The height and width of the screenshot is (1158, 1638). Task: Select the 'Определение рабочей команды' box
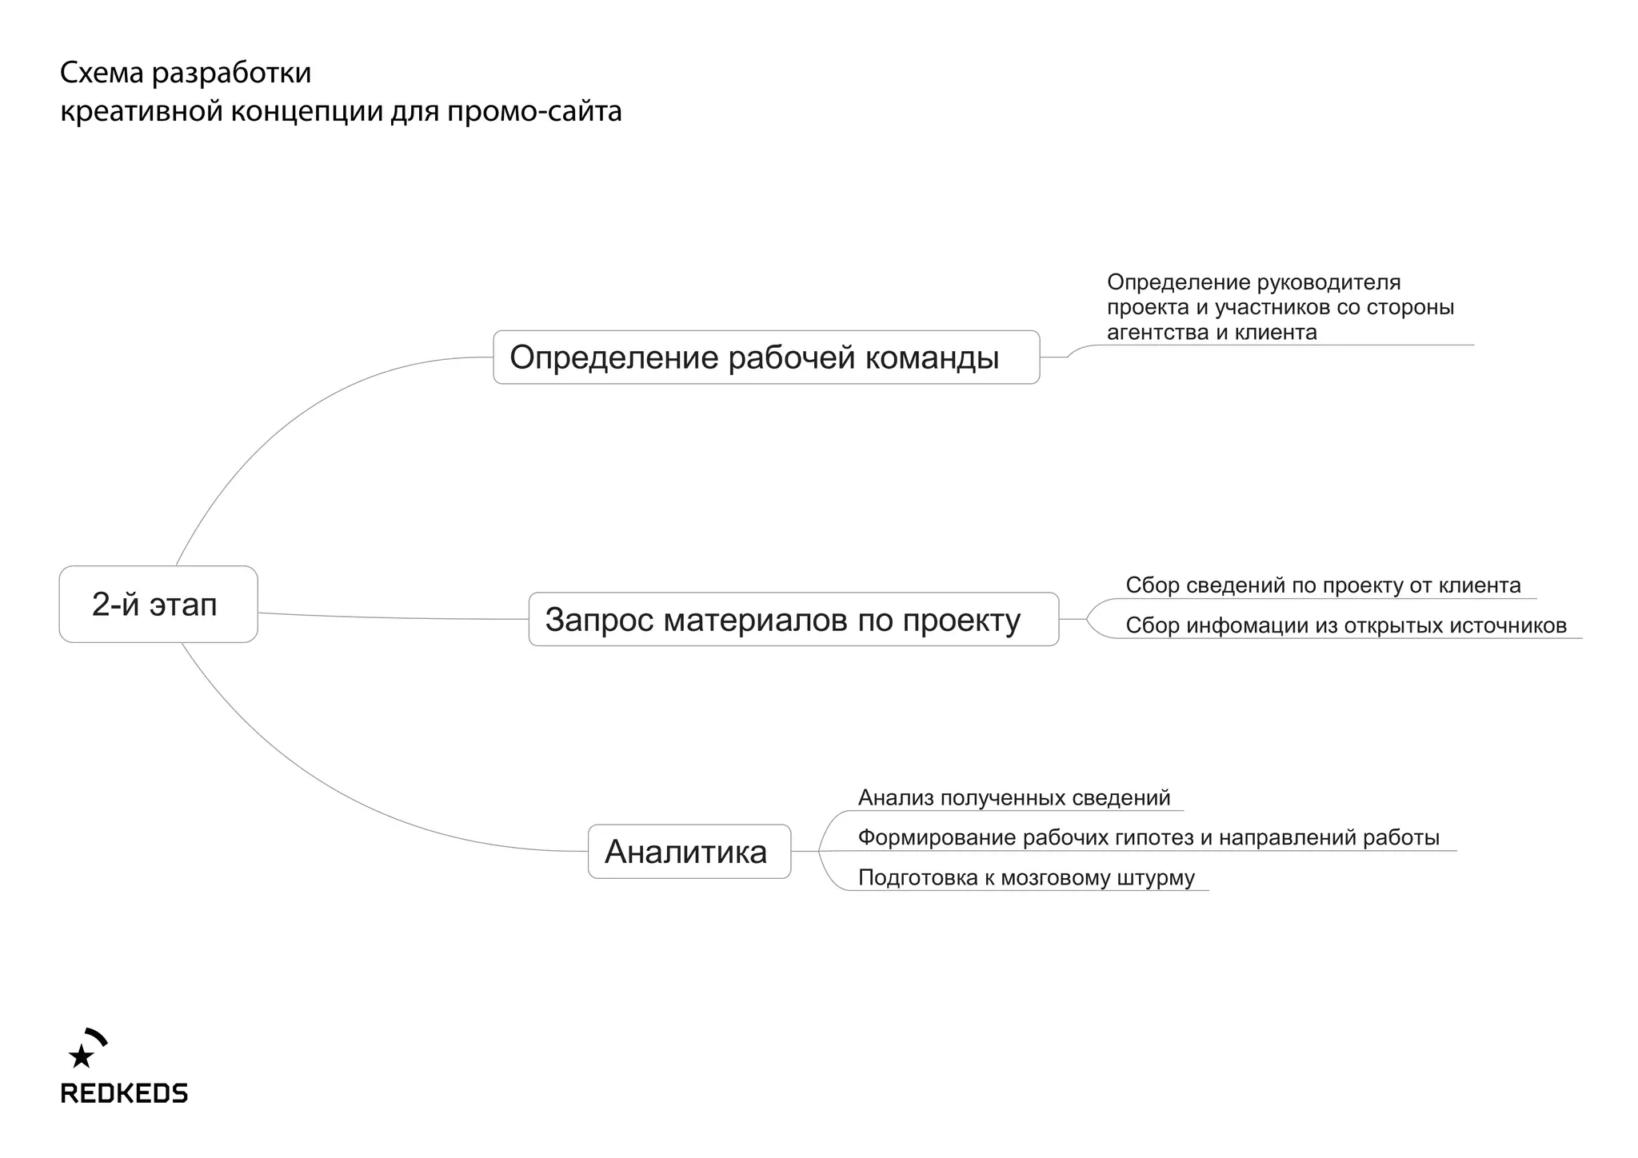point(765,357)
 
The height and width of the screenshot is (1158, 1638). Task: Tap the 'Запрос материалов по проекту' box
point(793,620)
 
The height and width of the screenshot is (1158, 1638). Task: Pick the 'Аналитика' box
point(689,852)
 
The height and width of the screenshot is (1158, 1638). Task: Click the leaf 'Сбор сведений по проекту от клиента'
point(1322,585)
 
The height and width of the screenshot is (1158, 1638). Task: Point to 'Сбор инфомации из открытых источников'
point(1345,625)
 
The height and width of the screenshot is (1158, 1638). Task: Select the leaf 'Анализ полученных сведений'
point(1013,797)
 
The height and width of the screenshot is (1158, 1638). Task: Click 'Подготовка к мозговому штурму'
point(1025,877)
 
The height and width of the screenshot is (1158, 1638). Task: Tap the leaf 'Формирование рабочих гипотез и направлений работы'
point(1148,837)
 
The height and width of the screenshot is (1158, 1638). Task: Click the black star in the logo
point(81,1056)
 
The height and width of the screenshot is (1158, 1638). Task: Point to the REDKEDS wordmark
point(124,1093)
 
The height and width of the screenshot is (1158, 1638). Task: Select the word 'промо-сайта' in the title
point(534,111)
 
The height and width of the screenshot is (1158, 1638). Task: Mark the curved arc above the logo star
point(97,1036)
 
